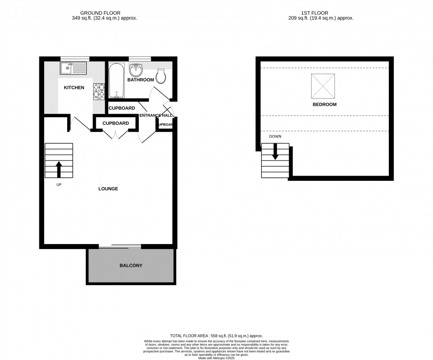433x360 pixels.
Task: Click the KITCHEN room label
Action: click(74, 88)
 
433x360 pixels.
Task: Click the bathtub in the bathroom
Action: click(116, 81)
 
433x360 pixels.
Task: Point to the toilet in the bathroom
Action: click(162, 76)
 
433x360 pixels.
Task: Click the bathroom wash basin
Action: click(136, 70)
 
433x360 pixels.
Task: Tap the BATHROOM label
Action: click(141, 80)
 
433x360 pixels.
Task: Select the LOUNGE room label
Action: click(108, 189)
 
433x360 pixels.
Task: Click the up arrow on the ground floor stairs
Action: click(58, 169)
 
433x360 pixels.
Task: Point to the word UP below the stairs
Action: click(58, 184)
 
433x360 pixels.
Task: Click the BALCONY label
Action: click(131, 266)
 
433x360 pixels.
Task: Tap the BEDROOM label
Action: click(324, 105)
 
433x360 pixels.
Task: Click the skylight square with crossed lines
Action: click(323, 86)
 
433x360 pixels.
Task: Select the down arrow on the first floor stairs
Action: click(275, 152)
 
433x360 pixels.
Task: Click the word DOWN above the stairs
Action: click(275, 136)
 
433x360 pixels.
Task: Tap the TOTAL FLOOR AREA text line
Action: click(216, 336)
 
